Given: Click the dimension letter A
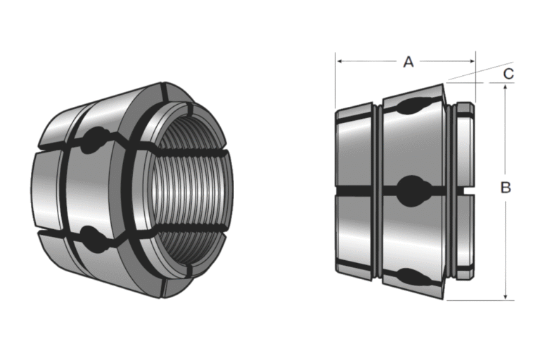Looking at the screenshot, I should (x=408, y=62).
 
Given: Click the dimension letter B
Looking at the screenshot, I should (x=505, y=188).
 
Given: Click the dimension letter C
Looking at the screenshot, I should (x=508, y=72).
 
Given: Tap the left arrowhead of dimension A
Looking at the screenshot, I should (x=340, y=62).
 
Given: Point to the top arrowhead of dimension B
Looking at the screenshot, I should (x=505, y=86).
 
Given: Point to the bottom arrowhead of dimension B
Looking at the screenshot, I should (x=505, y=296).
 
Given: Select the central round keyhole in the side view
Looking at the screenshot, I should (x=411, y=190).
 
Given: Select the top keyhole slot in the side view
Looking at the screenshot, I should (x=411, y=108).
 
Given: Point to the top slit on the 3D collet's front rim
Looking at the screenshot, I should (x=162, y=92).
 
